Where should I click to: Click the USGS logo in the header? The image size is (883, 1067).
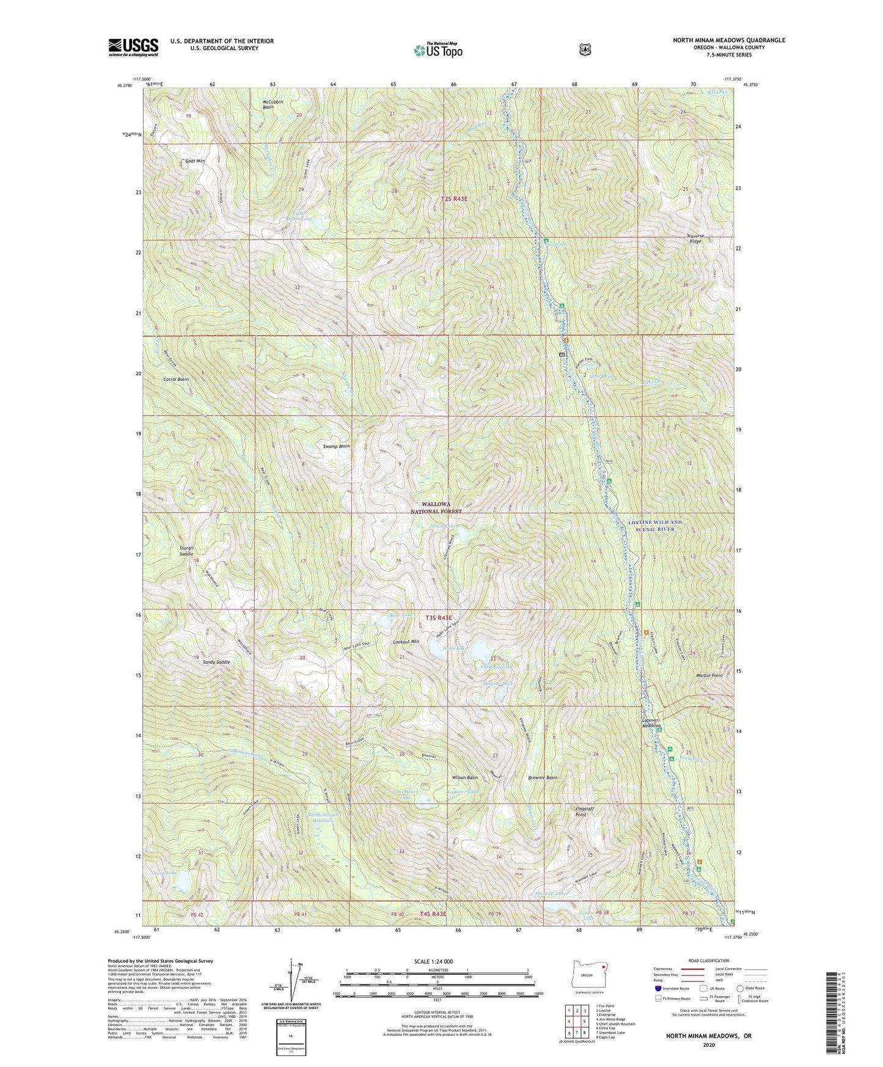(x=133, y=47)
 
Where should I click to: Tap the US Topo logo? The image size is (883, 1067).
(x=438, y=50)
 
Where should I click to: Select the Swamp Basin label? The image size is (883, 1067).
(x=336, y=447)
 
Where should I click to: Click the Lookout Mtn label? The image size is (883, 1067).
(x=406, y=642)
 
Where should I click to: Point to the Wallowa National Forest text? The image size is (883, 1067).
(x=441, y=508)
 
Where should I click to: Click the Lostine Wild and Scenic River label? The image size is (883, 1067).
(x=654, y=526)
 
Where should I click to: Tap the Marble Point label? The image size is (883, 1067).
(x=709, y=676)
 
